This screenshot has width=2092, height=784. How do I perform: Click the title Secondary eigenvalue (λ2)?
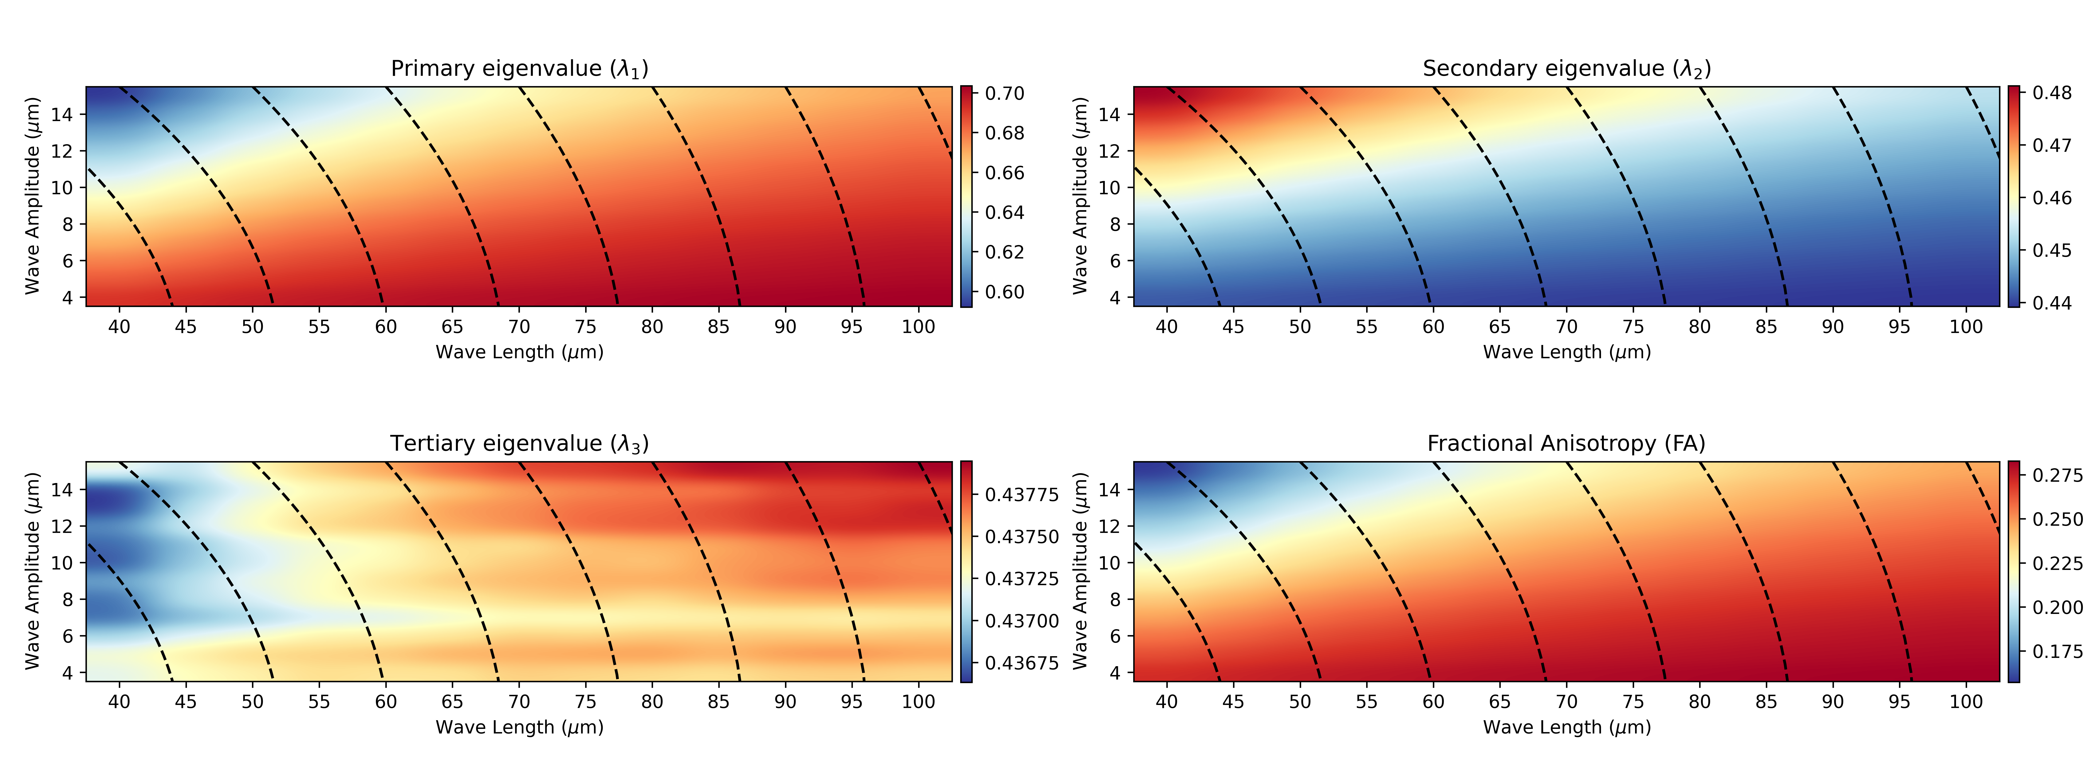(x=1567, y=69)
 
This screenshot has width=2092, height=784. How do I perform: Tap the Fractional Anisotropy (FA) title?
(x=1567, y=444)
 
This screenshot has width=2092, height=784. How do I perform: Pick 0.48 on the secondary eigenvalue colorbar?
(x=2052, y=93)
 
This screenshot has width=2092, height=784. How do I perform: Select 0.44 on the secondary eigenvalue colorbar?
(x=2052, y=303)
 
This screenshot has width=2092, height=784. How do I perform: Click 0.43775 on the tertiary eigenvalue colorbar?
(x=1022, y=494)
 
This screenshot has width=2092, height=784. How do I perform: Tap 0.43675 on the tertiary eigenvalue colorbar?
(x=1022, y=663)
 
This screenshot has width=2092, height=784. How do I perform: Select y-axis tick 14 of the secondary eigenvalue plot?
(x=1109, y=114)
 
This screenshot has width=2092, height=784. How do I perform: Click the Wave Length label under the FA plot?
(x=1567, y=727)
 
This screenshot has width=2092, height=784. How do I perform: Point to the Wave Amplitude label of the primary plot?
(x=32, y=196)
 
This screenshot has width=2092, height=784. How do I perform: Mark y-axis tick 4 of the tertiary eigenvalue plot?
(x=68, y=673)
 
